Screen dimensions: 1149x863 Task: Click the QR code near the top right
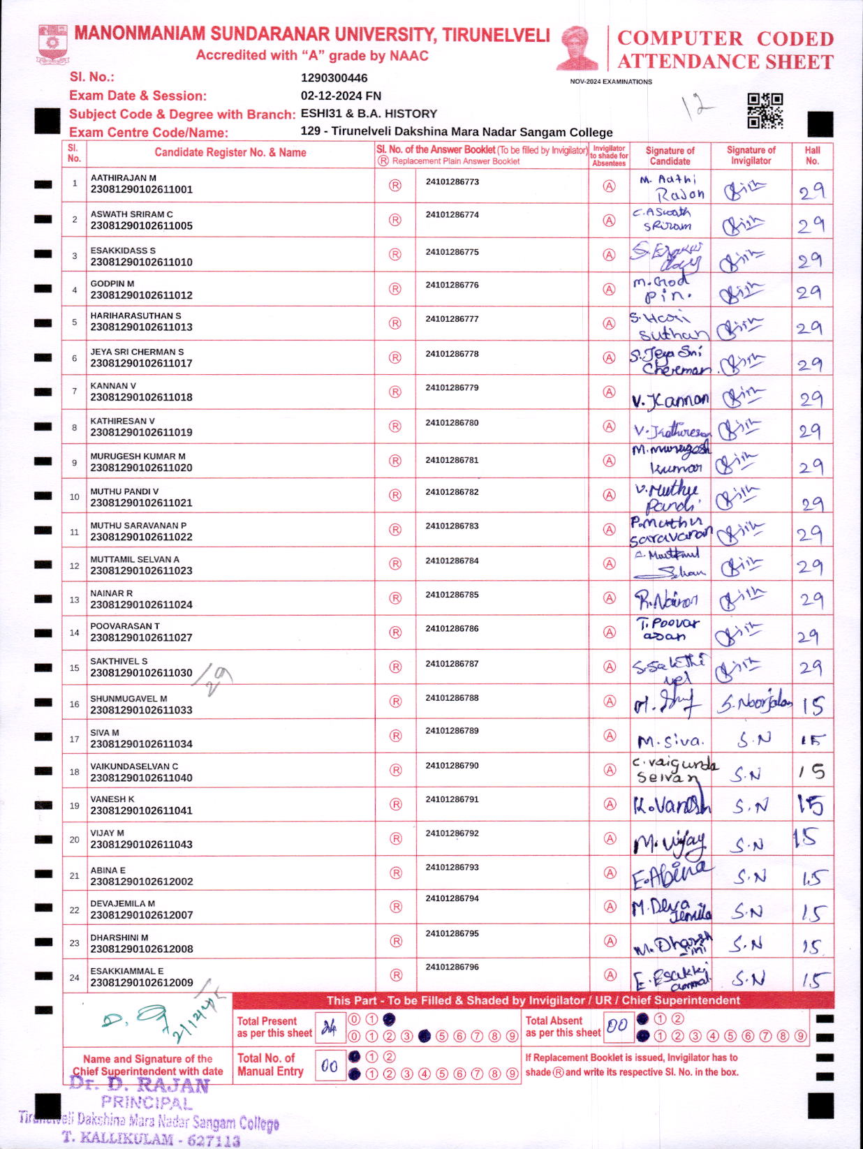(x=765, y=111)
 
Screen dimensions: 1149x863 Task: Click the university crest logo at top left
(x=52, y=45)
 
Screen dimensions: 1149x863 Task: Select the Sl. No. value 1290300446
(x=334, y=78)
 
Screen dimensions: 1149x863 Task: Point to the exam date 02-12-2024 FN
(x=341, y=96)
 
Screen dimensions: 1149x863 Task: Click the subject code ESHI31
(x=321, y=114)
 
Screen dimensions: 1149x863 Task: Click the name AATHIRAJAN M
(x=123, y=178)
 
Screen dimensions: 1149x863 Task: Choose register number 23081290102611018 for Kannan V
(x=141, y=397)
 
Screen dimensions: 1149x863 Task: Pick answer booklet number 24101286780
(x=452, y=423)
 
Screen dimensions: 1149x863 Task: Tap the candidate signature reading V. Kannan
(x=670, y=399)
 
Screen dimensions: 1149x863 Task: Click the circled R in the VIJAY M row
(x=396, y=838)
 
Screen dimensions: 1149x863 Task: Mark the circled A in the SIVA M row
(x=610, y=736)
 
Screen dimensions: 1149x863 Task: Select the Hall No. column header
(x=812, y=155)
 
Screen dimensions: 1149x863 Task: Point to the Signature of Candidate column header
(x=670, y=155)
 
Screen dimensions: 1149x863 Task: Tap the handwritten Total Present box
(x=329, y=1027)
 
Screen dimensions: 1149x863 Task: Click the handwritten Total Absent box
(x=617, y=1025)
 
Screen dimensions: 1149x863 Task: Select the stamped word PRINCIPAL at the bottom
(x=147, y=1102)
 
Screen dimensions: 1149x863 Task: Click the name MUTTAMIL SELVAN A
(x=135, y=559)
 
